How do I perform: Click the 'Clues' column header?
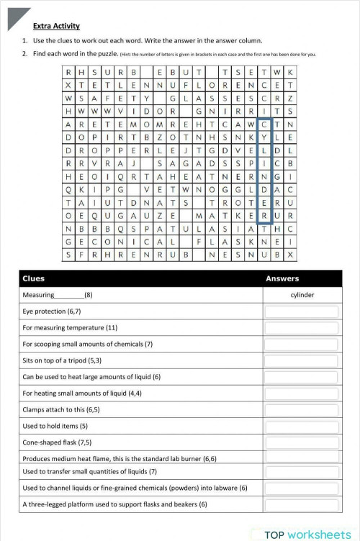click(34, 278)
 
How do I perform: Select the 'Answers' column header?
click(283, 278)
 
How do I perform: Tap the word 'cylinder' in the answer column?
click(302, 295)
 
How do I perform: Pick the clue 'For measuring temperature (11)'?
click(70, 327)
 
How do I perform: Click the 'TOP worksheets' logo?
click(307, 534)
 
